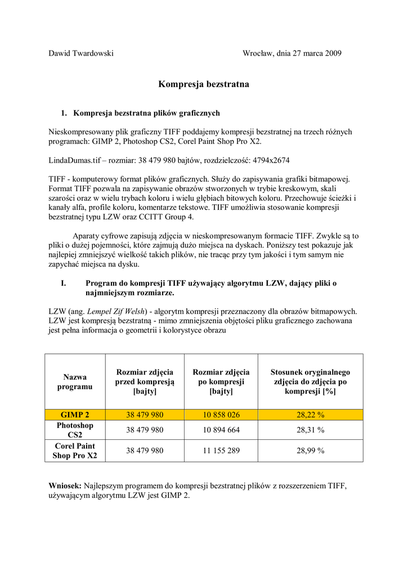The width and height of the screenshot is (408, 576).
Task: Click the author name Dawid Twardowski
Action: [x=81, y=53]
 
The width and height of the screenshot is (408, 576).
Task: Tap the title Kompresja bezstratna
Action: [x=203, y=84]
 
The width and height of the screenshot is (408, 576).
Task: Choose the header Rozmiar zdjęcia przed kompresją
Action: [x=145, y=382]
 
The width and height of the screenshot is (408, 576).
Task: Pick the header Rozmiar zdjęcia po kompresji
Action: [x=221, y=382]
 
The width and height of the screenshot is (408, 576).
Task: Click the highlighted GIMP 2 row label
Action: [x=75, y=415]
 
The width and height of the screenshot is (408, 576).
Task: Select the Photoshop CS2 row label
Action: [x=75, y=430]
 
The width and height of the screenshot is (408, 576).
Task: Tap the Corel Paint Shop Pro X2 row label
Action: [x=75, y=451]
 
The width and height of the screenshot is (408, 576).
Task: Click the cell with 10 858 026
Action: [x=221, y=415]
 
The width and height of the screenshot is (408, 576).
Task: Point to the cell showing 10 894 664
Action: [x=221, y=430]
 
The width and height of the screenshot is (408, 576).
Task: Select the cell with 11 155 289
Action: [x=221, y=451]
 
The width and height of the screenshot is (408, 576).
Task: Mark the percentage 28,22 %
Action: [x=310, y=415]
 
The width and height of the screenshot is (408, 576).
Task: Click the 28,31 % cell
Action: [x=310, y=430]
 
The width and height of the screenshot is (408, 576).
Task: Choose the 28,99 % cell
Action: [x=310, y=451]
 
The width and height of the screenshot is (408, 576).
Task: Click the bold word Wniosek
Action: [x=65, y=485]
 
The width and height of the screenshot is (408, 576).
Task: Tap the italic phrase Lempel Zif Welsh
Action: [x=118, y=311]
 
